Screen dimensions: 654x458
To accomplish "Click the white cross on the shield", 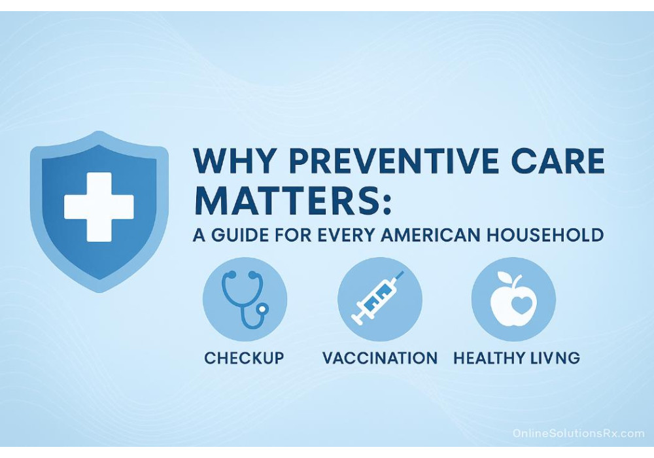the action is tap(99, 207).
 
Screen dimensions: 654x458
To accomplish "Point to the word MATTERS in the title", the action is tap(287, 200).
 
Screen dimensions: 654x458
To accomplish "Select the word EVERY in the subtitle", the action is tap(347, 234).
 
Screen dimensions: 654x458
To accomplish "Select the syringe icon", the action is tap(378, 298).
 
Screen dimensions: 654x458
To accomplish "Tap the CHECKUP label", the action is tap(244, 358).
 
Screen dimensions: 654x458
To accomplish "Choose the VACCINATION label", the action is tap(380, 358).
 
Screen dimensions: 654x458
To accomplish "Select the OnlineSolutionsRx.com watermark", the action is tap(578, 433).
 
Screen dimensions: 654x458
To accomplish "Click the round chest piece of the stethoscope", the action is tap(262, 309).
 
